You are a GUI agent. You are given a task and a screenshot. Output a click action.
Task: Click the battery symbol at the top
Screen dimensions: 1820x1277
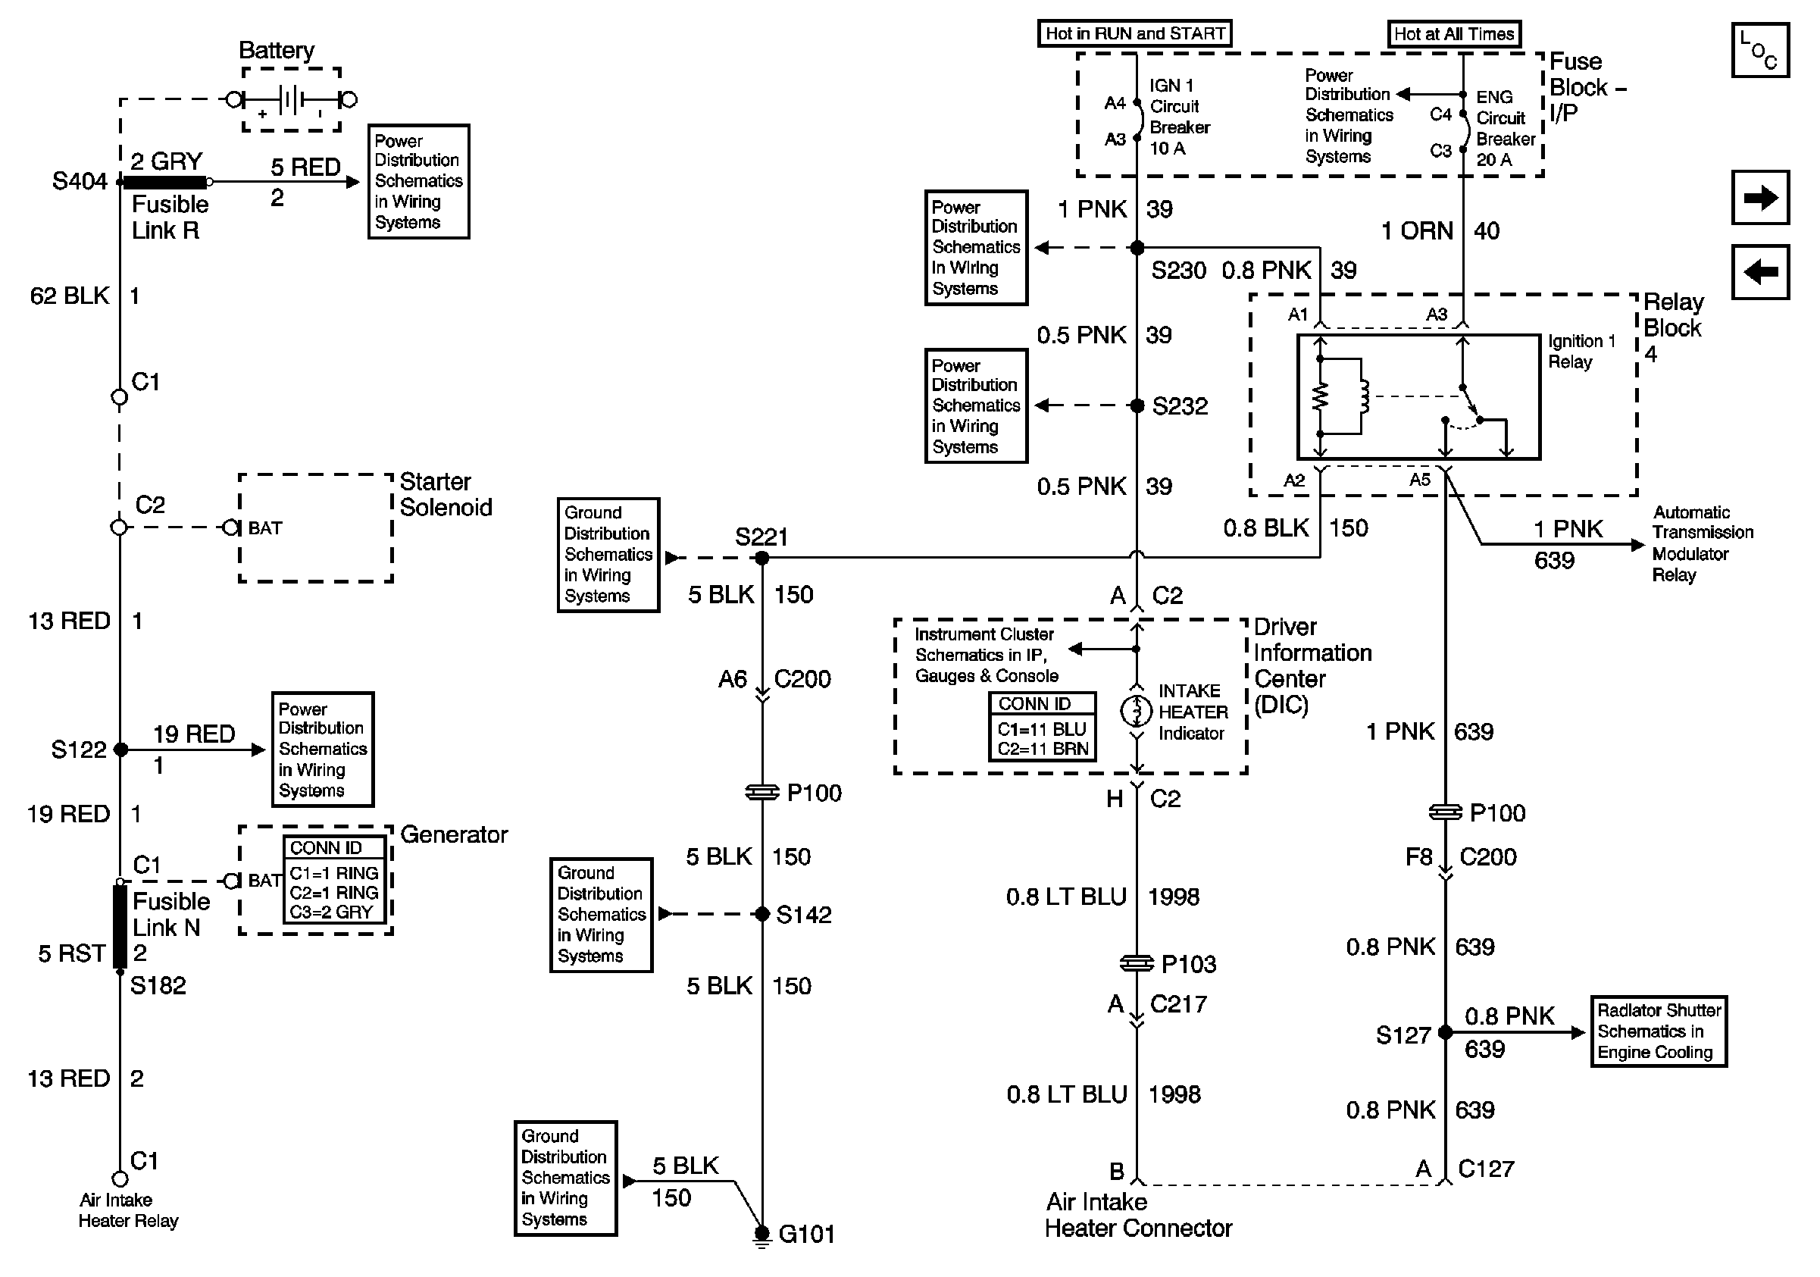292,100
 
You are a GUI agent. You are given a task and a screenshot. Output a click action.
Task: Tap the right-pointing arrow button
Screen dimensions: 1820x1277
1761,197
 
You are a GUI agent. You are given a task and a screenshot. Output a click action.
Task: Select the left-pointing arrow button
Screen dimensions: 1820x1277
1761,272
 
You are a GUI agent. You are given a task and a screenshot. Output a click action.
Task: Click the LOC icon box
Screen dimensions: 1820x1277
1761,50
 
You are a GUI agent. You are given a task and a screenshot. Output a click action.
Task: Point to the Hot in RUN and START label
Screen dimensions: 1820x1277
1135,33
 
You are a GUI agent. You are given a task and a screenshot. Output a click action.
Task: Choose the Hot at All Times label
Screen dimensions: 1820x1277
1455,34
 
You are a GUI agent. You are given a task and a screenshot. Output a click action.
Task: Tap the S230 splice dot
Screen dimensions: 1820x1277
1137,247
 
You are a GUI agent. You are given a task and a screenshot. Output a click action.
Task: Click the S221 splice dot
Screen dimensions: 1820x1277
761,558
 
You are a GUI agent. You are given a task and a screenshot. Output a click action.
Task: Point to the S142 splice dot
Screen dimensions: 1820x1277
761,914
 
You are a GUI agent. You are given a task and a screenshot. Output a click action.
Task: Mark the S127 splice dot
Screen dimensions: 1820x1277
1445,1032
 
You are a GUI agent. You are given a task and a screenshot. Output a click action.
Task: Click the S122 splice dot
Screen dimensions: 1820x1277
120,749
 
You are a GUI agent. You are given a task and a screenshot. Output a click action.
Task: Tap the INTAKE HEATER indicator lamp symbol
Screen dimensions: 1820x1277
1136,711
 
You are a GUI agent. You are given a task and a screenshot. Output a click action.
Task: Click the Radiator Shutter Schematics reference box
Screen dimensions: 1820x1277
1659,1031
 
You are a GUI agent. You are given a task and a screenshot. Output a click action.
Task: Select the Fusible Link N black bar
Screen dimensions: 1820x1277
120,927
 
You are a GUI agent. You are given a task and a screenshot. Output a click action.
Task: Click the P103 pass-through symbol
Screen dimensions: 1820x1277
1137,963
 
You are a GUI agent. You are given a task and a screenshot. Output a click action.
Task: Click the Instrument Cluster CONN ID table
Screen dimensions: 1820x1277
1043,727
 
